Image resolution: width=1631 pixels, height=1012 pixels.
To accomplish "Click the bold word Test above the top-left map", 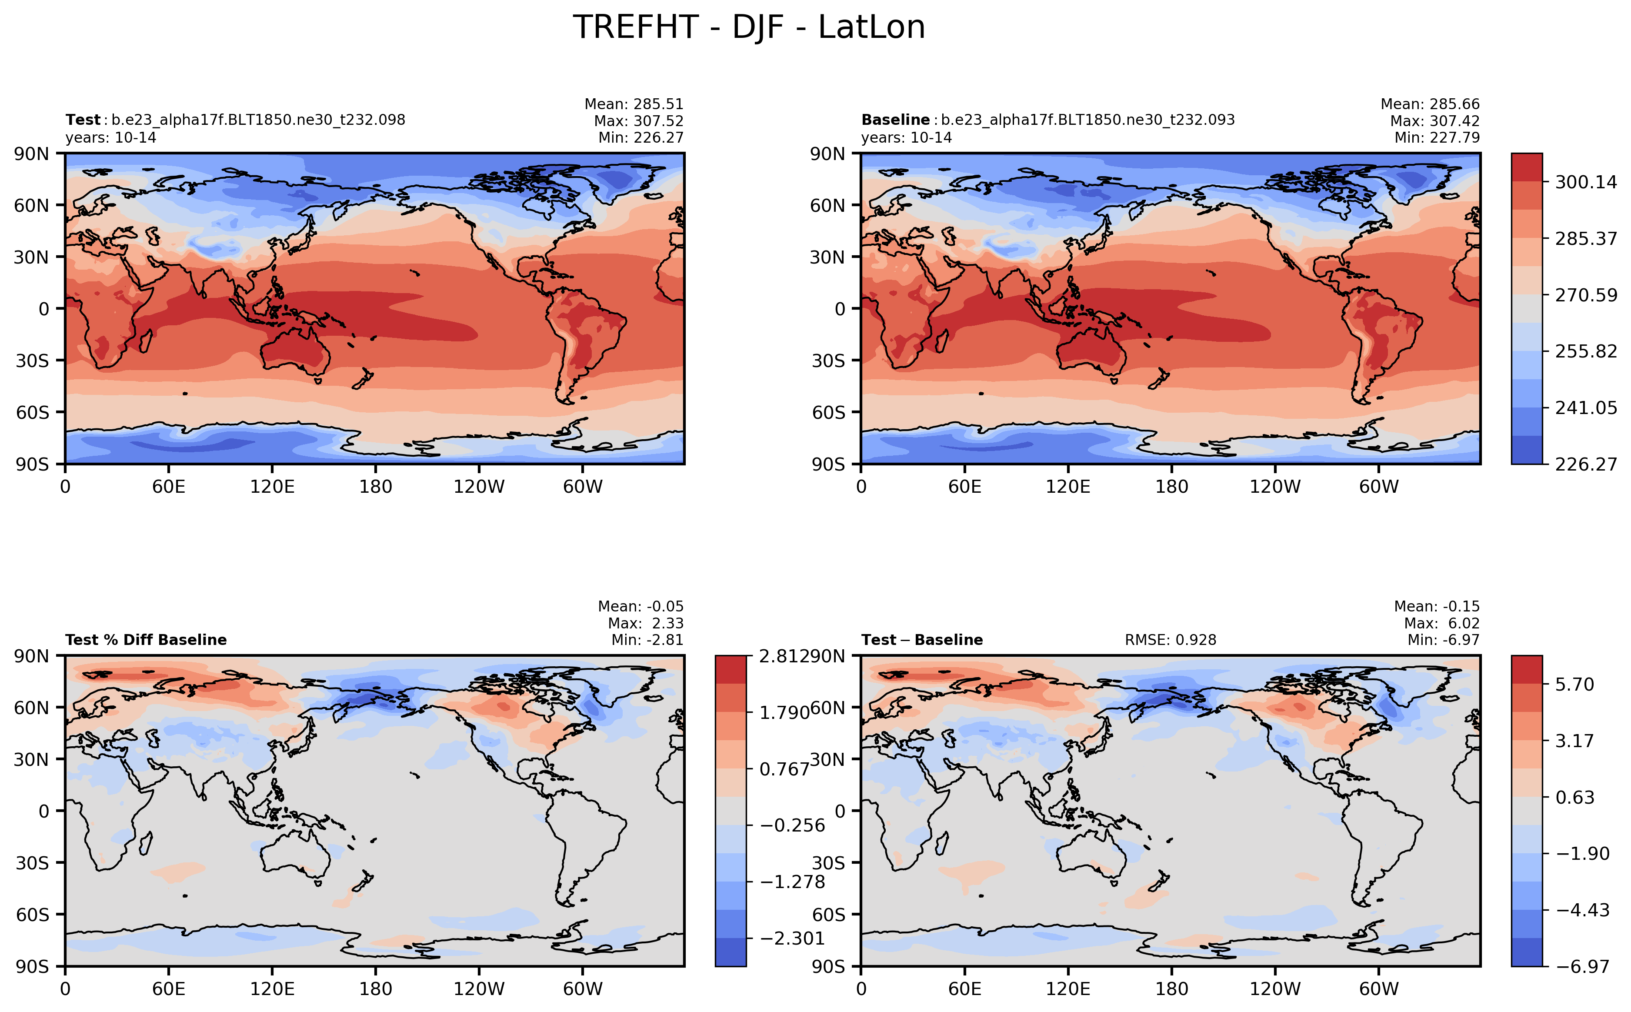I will point(82,120).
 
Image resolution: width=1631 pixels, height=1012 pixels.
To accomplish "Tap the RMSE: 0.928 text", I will point(1170,640).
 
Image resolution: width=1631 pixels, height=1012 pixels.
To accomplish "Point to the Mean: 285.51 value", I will point(634,104).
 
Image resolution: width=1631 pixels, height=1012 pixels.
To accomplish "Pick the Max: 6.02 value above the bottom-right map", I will point(1442,623).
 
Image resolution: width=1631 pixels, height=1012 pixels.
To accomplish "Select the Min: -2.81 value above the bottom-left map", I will point(647,640).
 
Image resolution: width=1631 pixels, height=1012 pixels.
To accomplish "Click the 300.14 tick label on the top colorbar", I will point(1585,182).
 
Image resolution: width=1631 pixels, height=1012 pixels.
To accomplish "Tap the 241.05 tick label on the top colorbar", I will point(1585,407).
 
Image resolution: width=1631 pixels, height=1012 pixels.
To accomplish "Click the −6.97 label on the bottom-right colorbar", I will point(1582,966).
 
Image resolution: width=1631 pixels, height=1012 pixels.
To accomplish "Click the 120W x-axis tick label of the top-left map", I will point(479,487).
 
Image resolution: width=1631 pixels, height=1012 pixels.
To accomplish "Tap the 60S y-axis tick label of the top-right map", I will point(828,412).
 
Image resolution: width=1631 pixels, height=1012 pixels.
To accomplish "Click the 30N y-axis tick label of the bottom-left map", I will point(31,759).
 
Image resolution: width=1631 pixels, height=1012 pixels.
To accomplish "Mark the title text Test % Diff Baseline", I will point(146,640).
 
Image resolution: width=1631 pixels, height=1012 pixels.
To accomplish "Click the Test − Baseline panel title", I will point(922,640).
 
